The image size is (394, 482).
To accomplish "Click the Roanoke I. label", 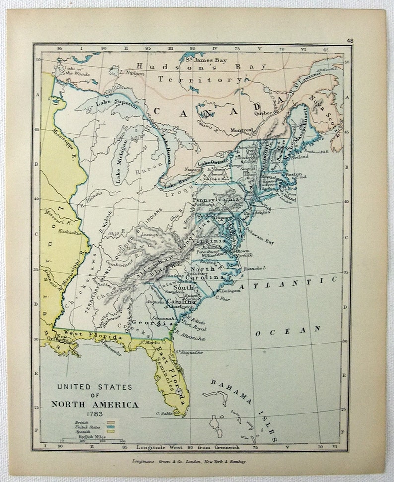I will point(256,267).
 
